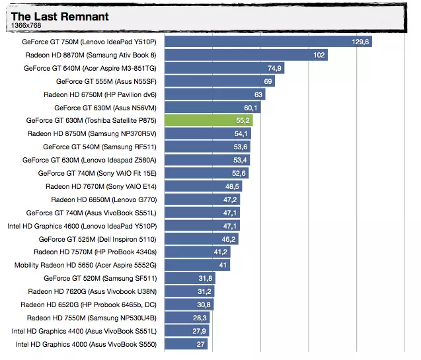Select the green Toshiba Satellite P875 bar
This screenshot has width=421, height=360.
(x=208, y=121)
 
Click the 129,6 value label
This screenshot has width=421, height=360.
(x=361, y=42)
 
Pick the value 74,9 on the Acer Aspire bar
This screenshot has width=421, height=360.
(x=274, y=68)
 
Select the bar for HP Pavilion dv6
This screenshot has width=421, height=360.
(x=211, y=94)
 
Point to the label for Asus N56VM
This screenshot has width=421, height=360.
(x=105, y=108)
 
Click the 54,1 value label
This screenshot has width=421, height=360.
(x=241, y=133)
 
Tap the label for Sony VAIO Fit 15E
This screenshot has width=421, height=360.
(x=97, y=173)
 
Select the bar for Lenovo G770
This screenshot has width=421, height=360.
(x=195, y=199)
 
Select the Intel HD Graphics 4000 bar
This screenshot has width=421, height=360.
(x=185, y=344)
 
